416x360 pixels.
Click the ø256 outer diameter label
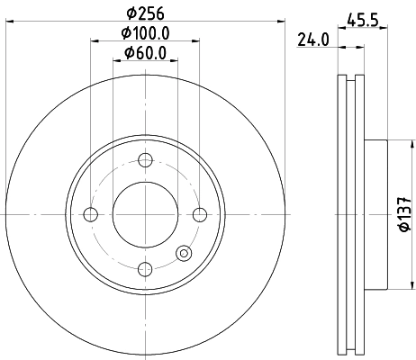144,13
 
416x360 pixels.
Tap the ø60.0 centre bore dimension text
144,55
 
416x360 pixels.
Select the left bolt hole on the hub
89,214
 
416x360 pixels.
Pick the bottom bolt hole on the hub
144,268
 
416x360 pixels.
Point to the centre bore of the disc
144,214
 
